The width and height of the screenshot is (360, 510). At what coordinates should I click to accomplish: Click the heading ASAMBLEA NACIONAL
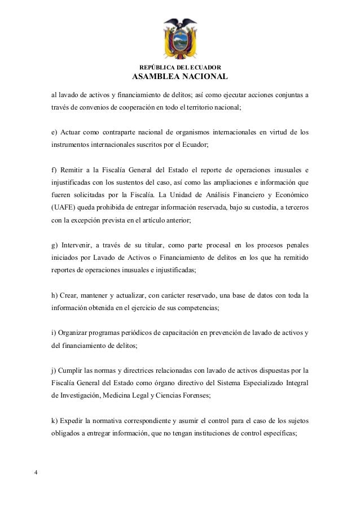pyautogui.click(x=179, y=77)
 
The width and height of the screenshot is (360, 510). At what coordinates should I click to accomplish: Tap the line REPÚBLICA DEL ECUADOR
pyautogui.click(x=179, y=67)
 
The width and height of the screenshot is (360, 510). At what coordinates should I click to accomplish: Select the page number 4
pyautogui.click(x=36, y=472)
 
